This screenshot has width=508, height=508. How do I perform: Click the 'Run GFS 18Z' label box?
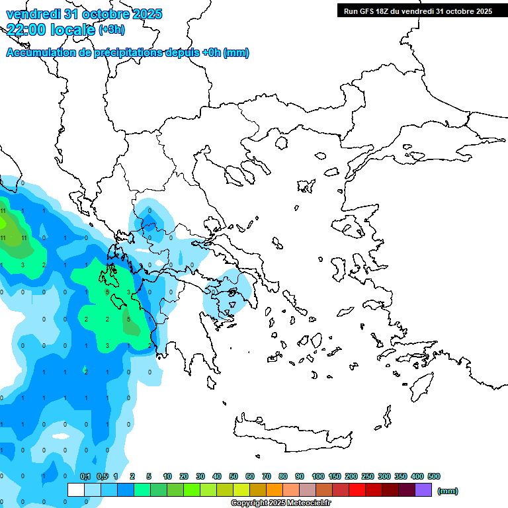pyautogui.click(x=418, y=11)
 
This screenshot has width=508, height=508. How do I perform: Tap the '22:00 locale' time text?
pyautogui.click(x=50, y=29)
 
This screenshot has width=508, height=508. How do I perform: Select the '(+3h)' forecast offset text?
pyautogui.click(x=111, y=30)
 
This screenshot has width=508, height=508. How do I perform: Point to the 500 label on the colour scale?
pyautogui.click(x=434, y=476)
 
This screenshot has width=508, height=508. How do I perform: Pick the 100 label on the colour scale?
pyautogui.click(x=317, y=476)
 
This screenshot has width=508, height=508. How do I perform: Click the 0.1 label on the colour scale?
pyautogui.click(x=85, y=476)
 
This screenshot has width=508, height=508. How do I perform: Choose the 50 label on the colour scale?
pyautogui.click(x=233, y=476)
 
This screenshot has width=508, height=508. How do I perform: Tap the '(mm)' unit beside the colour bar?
pyautogui.click(x=448, y=491)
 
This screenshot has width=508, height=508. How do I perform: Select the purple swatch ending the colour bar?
pyautogui.click(x=423, y=490)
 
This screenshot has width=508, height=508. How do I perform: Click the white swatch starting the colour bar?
pyautogui.click(x=76, y=490)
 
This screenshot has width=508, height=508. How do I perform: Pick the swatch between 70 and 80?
pyautogui.click(x=275, y=490)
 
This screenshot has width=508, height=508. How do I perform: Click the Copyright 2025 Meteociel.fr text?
pyautogui.click(x=282, y=503)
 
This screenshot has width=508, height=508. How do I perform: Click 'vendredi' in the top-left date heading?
pyautogui.click(x=31, y=14)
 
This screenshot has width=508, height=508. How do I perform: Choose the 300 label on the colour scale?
pyautogui.click(x=384, y=476)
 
